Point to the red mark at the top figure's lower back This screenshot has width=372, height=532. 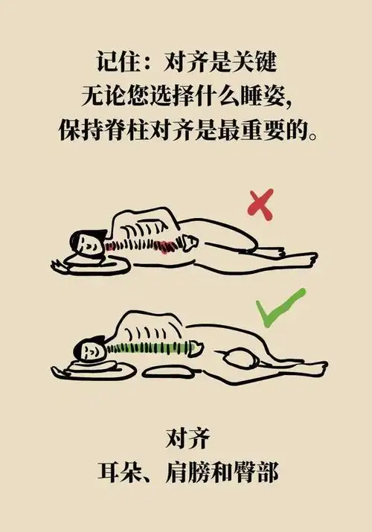click(165, 247)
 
